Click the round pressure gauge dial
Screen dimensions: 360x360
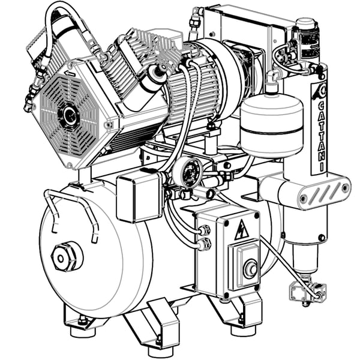click(x=188, y=171)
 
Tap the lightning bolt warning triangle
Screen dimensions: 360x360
click(x=242, y=230)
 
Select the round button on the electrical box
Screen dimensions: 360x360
click(x=250, y=269)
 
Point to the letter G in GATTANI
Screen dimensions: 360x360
click(x=322, y=106)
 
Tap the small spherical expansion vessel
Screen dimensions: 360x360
click(x=272, y=124)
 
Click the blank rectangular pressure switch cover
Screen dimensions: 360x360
click(x=140, y=197)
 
